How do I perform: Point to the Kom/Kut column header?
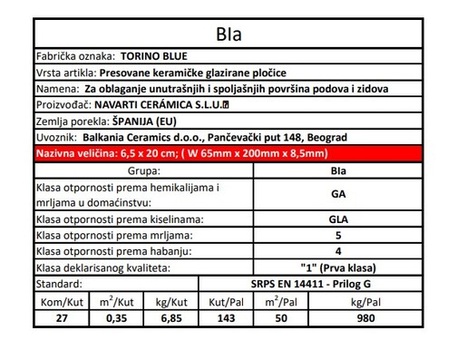62,300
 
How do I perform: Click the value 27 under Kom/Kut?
62,317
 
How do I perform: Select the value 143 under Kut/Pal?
223,317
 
